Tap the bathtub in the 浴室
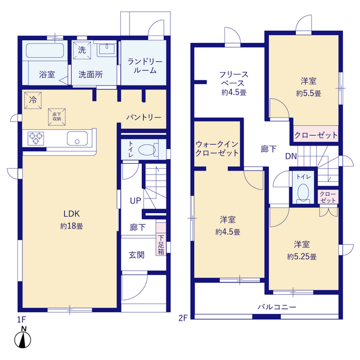(45, 51)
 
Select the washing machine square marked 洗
(82, 50)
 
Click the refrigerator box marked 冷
(33, 100)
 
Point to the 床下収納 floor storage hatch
(57, 117)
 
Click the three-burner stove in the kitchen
(36, 138)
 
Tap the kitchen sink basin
(77, 138)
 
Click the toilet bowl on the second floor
(303, 192)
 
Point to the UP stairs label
(135, 201)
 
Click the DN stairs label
(291, 156)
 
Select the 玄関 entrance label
(137, 255)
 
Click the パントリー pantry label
(144, 118)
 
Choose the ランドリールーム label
(145, 66)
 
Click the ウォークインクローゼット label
(217, 148)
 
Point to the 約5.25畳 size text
(301, 256)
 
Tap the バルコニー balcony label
(277, 307)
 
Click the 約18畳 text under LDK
(71, 226)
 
